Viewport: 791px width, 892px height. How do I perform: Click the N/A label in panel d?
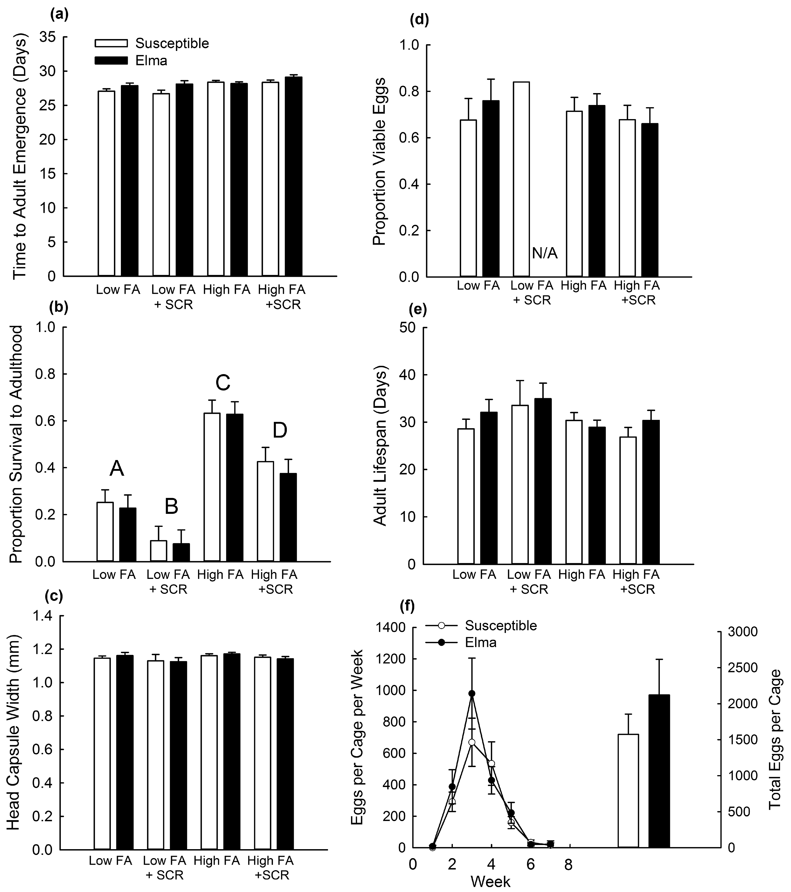[x=545, y=253]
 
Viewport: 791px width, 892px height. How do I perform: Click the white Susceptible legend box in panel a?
[x=111, y=43]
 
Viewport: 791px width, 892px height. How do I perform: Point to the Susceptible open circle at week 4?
[x=492, y=763]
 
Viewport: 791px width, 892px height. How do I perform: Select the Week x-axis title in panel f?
[x=490, y=881]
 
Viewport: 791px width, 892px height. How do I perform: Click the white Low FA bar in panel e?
[x=466, y=496]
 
